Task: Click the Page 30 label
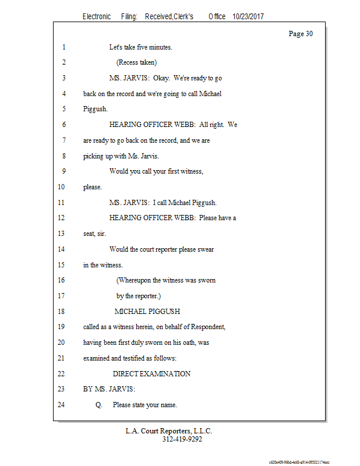tap(301, 34)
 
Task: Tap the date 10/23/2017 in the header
tap(248, 17)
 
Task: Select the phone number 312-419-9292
tap(182, 439)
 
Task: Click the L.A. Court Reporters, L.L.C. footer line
tap(169, 431)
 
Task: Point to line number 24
tap(62, 405)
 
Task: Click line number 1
tap(62, 47)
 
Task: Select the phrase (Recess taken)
tap(136, 63)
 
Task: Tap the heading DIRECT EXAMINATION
tap(151, 374)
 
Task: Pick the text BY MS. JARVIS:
tap(109, 389)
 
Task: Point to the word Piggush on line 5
tap(95, 110)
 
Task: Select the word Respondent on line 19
tap(207, 327)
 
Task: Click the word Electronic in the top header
tap(97, 17)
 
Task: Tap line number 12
tap(62, 218)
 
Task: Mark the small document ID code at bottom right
tap(299, 461)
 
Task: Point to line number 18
tap(62, 312)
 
